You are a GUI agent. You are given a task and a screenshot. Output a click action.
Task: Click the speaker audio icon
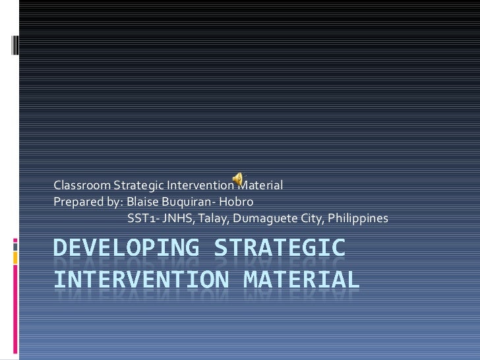coord(237,178)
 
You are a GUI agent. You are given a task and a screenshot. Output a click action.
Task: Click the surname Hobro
coord(237,201)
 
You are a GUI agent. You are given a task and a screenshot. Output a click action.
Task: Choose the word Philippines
coord(357,218)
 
